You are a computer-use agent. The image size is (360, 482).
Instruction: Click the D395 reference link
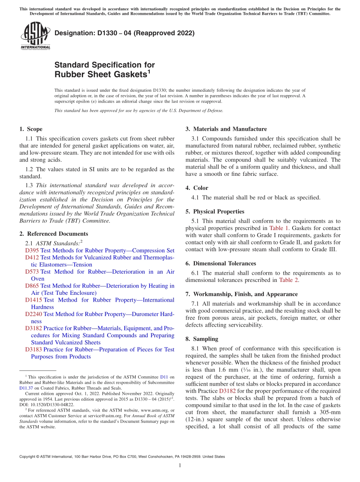(32, 250)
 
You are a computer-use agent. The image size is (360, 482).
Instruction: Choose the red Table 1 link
(279, 228)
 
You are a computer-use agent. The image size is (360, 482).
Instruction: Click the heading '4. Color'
(197, 188)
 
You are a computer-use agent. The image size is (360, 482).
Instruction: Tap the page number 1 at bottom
(180, 465)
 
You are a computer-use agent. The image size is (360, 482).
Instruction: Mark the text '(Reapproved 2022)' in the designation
(164, 33)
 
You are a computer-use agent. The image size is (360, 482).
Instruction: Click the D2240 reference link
(34, 314)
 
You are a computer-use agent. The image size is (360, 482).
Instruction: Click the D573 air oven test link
(32, 272)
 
